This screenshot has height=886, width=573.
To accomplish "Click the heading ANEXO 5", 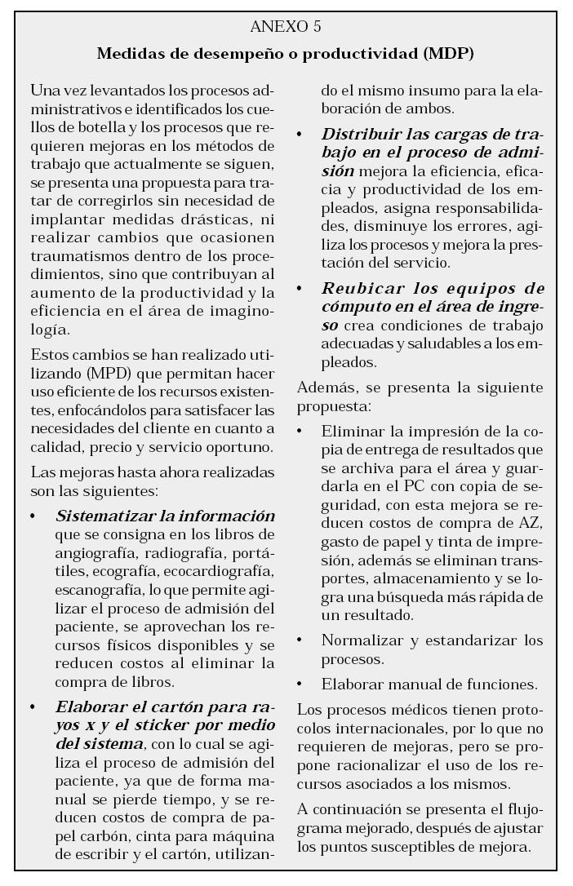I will point(286,28).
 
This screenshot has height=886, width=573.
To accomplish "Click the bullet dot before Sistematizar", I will point(33,517).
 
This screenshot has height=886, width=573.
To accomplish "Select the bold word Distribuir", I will point(360,134).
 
